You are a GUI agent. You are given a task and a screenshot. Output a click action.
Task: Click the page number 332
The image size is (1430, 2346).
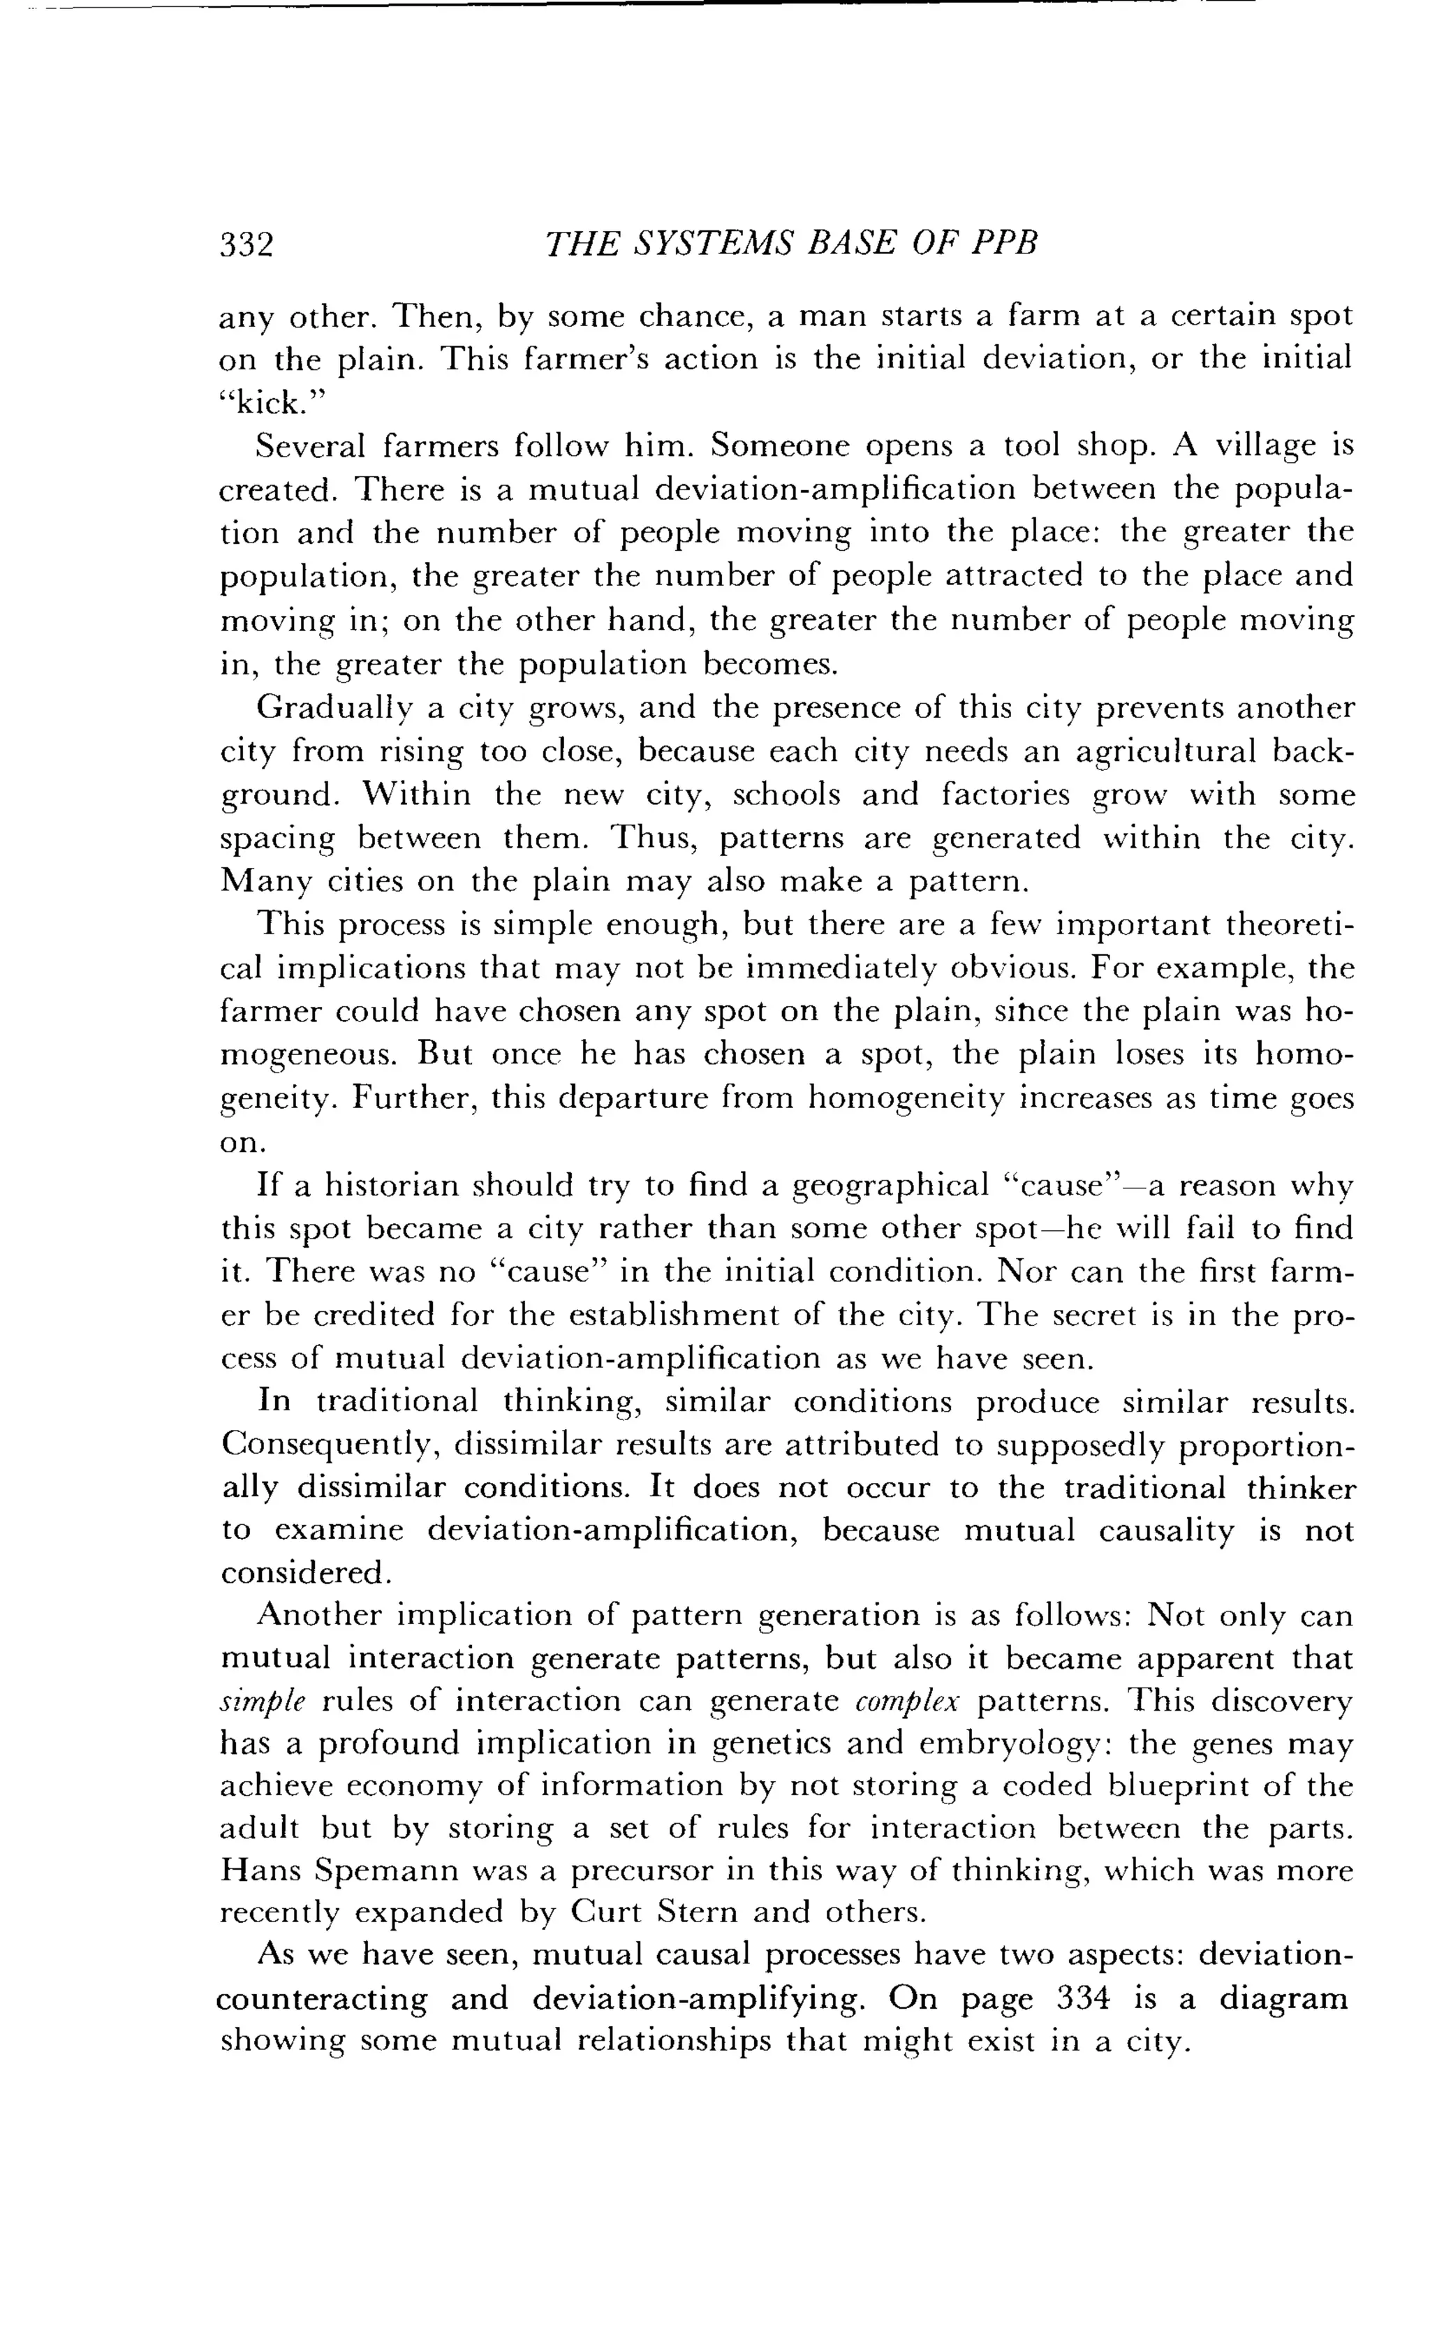coord(246,244)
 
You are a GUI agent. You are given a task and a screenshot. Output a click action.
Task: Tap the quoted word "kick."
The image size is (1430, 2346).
coord(272,404)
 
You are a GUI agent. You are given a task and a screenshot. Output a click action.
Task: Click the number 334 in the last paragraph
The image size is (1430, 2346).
coord(1084,1998)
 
